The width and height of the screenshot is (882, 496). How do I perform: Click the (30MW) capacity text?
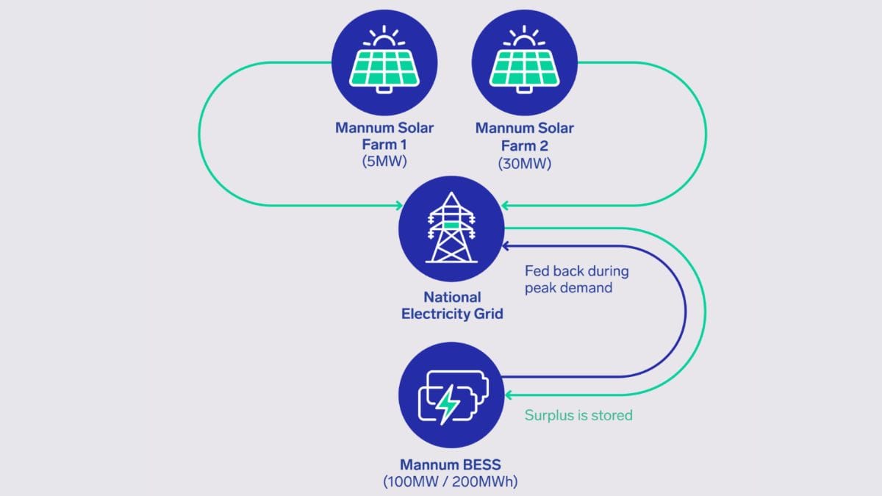click(x=524, y=163)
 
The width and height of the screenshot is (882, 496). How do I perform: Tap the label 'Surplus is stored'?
click(x=578, y=415)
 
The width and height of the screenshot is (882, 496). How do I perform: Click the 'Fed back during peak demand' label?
click(x=577, y=278)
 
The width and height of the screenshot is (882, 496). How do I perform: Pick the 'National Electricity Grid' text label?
click(x=452, y=306)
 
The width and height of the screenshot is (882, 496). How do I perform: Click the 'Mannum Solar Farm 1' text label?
click(x=384, y=136)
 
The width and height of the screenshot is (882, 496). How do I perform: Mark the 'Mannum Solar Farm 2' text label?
click(x=524, y=136)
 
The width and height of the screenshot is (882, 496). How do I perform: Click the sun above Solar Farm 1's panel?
click(x=384, y=35)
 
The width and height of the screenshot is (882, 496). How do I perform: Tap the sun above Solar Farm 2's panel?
click(x=524, y=35)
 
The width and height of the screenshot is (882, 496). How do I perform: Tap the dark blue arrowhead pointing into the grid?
click(x=506, y=245)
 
